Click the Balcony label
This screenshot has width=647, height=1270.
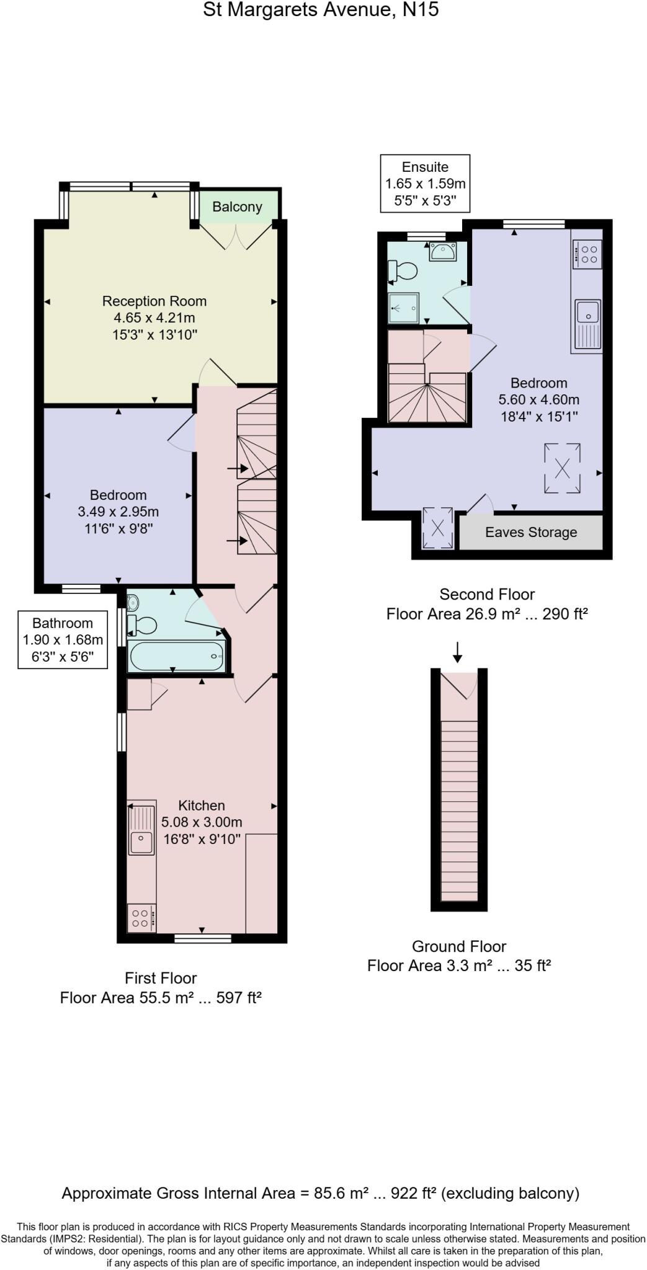tap(237, 206)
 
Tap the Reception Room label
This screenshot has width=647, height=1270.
tap(154, 301)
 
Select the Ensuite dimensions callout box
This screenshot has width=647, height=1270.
tap(425, 184)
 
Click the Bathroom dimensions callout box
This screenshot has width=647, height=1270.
tap(63, 640)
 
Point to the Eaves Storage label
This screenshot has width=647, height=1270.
tap(531, 532)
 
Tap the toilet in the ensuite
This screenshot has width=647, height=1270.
tap(403, 270)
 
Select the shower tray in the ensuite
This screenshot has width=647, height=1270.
tap(403, 308)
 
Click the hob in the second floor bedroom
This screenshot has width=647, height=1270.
tap(587, 254)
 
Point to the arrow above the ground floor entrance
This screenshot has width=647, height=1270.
tap(457, 652)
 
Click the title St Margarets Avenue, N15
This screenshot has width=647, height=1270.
tap(321, 10)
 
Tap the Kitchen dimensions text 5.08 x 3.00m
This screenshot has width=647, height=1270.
tap(202, 822)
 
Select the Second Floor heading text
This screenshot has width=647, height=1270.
tap(487, 594)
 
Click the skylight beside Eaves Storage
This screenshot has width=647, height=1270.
tap(437, 528)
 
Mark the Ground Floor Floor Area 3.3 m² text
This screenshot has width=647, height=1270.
tap(459, 966)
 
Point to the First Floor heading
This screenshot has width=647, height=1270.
tap(161, 978)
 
